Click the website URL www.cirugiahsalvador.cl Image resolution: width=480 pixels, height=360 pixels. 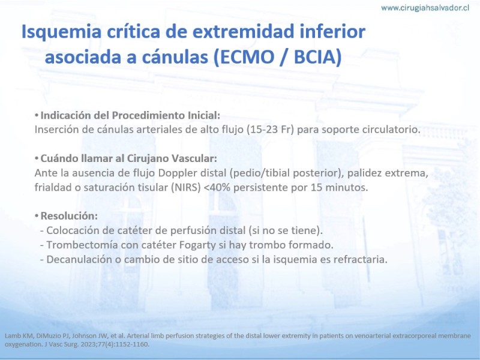pyautogui.click(x=425, y=8)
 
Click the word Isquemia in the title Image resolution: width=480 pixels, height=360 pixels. pyautogui.click(x=61, y=32)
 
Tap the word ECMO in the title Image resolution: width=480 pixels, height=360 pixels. pyautogui.click(x=247, y=57)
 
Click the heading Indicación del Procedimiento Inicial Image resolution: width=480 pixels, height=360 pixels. pyautogui.click(x=130, y=115)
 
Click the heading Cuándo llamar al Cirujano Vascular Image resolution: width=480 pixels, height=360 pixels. pyautogui.click(x=128, y=158)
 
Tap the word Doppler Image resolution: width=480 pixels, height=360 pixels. pyautogui.click(x=178, y=173)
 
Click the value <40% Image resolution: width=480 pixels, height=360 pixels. pyautogui.click(x=217, y=187)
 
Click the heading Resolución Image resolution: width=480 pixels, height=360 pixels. pyautogui.click(x=69, y=216)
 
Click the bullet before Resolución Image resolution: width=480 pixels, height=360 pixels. pyautogui.click(x=37, y=216)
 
